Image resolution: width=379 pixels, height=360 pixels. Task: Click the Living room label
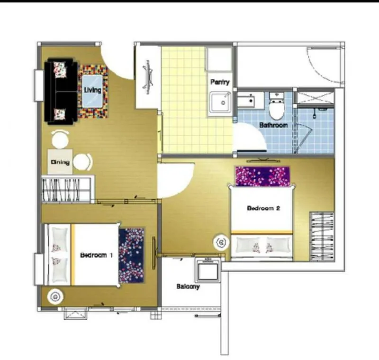(x=92, y=90)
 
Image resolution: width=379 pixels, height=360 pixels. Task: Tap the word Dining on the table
(x=60, y=162)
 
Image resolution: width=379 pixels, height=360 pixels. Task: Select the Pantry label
(x=220, y=82)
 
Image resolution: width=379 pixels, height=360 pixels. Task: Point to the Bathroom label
(x=273, y=125)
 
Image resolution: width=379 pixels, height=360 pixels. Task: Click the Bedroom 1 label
(x=96, y=255)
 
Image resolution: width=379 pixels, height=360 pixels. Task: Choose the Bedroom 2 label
(x=263, y=208)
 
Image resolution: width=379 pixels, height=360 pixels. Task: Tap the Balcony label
(x=188, y=286)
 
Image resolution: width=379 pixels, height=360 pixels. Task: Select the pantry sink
(x=220, y=102)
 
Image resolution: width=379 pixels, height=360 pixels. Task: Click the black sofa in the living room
(x=61, y=91)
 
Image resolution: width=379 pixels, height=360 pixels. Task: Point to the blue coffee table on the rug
(x=92, y=91)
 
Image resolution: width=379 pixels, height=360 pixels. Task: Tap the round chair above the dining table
(x=60, y=139)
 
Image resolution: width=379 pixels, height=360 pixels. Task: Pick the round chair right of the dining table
(x=82, y=162)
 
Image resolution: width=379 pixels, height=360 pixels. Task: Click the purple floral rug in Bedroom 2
(x=262, y=176)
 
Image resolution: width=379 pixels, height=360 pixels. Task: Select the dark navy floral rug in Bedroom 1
(x=131, y=256)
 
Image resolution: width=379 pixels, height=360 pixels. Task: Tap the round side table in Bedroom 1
(x=55, y=296)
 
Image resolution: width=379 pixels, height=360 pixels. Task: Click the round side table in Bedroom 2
(x=221, y=242)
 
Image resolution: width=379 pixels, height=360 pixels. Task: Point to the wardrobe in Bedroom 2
(x=322, y=237)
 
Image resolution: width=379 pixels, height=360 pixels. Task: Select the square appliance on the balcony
(x=208, y=270)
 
